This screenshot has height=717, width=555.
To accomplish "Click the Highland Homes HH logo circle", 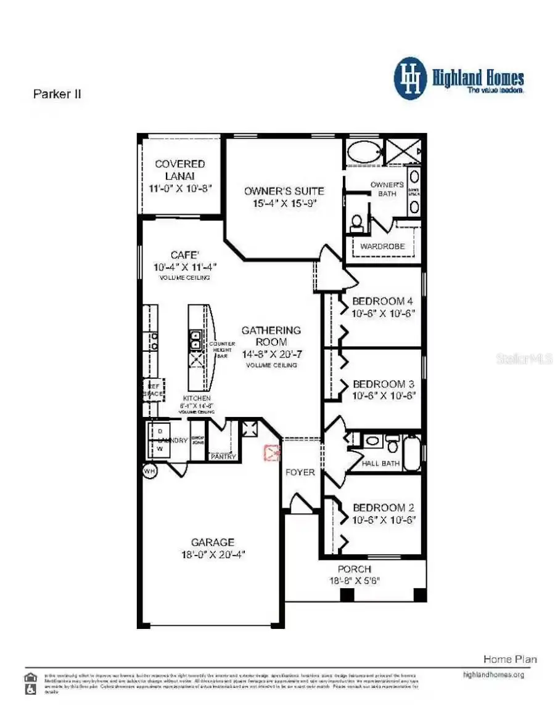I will pyautogui.click(x=411, y=79).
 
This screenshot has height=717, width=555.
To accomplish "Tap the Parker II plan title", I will pyautogui.click(x=56, y=94).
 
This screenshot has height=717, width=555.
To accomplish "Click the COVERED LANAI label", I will pyautogui.click(x=179, y=169).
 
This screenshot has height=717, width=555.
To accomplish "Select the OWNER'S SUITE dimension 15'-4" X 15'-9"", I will pyautogui.click(x=284, y=203).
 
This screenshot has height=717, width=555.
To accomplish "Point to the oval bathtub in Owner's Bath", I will pyautogui.click(x=363, y=152).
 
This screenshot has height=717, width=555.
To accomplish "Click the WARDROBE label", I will pyautogui.click(x=382, y=246).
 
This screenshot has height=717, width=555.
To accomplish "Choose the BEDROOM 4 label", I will pyautogui.click(x=382, y=301).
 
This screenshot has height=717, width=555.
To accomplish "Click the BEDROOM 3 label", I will pyautogui.click(x=382, y=384).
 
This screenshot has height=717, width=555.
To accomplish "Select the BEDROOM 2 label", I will pyautogui.click(x=382, y=508).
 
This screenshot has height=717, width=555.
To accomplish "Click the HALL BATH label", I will pyautogui.click(x=380, y=463).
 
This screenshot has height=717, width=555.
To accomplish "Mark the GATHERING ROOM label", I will pyautogui.click(x=271, y=336).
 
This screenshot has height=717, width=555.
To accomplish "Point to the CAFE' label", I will pyautogui.click(x=185, y=255).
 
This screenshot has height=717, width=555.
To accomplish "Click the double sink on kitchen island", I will pyautogui.click(x=195, y=339).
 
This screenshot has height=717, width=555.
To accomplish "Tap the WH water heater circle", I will pyautogui.click(x=149, y=471).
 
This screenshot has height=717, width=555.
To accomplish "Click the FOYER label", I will pyautogui.click(x=300, y=472).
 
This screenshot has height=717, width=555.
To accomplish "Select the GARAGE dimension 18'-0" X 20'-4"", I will pyautogui.click(x=212, y=554).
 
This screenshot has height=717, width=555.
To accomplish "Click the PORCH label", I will pyautogui.click(x=354, y=569).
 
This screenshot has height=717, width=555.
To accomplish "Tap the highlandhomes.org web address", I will pyautogui.click(x=493, y=674).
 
